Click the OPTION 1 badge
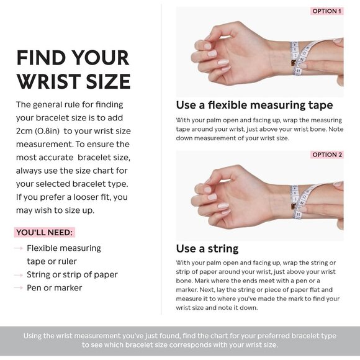click(326, 11)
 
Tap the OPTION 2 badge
click(327, 155)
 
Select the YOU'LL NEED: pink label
click(44, 232)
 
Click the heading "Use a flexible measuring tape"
click(254, 105)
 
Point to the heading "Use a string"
click(207, 249)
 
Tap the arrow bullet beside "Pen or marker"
click(19, 287)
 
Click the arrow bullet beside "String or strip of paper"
click(19, 275)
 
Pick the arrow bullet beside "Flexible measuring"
click(19, 248)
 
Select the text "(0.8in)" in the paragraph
click(47, 131)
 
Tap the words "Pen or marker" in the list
click(55, 287)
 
